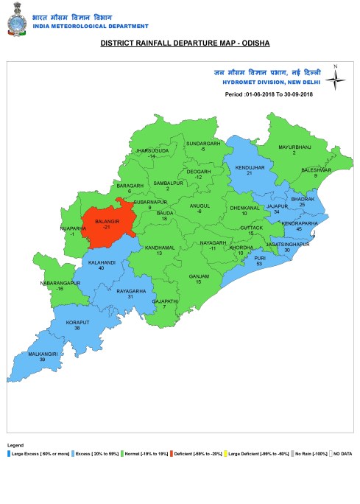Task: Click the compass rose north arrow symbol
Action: (x=335, y=77)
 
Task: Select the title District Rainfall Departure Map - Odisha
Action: (x=185, y=44)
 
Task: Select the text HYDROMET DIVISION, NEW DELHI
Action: (x=267, y=83)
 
